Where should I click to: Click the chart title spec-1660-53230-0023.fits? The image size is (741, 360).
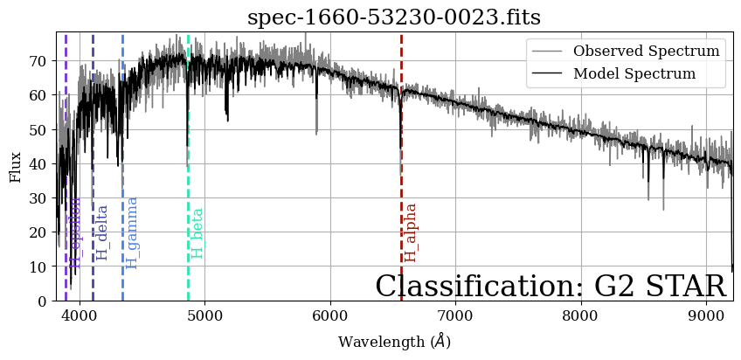[394, 17]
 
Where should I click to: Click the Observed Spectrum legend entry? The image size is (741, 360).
[646, 51]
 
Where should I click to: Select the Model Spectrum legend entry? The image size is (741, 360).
[634, 73]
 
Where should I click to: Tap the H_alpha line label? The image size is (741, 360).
[411, 232]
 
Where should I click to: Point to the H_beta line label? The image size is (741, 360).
[197, 232]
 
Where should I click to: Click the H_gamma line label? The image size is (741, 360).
[133, 232]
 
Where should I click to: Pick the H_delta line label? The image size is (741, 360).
[103, 232]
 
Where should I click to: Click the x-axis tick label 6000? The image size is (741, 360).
[330, 315]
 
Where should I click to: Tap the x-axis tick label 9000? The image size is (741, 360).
[706, 315]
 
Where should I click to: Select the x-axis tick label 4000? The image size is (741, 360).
[80, 315]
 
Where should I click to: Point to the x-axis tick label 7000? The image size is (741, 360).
[455, 315]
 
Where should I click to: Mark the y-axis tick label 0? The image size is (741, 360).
[42, 301]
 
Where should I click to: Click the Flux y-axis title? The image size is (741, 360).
[15, 166]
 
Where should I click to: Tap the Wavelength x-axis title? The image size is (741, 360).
[394, 342]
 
